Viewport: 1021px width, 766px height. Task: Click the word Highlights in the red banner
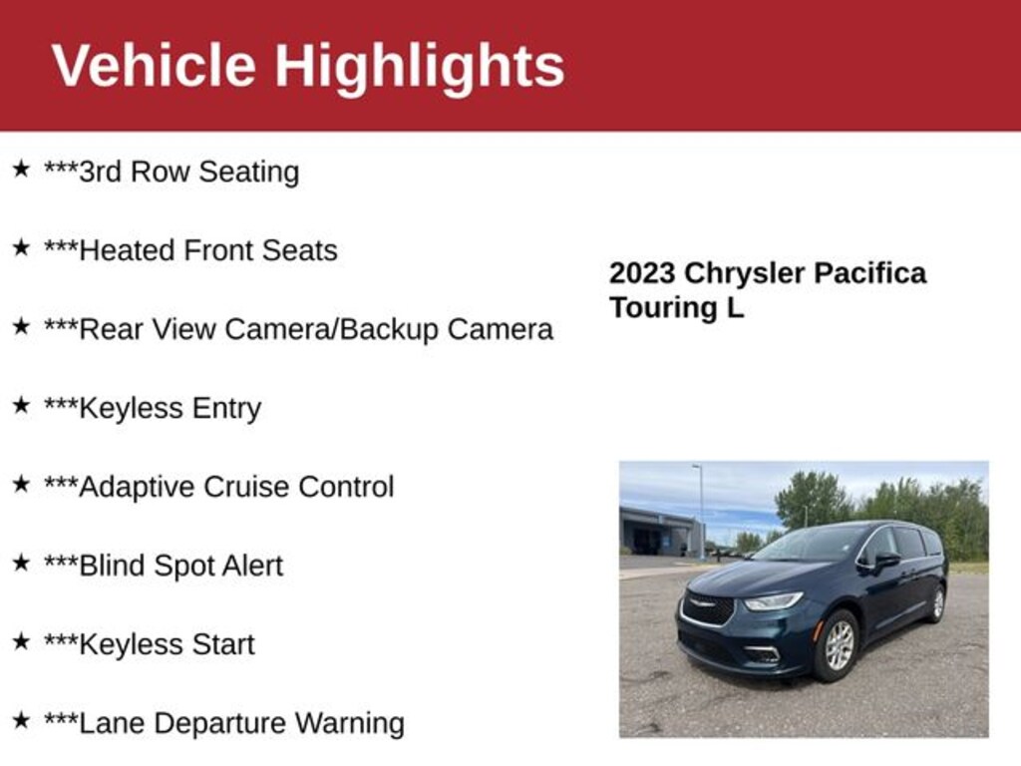[420, 68]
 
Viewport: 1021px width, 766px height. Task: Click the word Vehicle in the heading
[154, 65]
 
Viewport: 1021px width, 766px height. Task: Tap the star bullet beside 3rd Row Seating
[21, 169]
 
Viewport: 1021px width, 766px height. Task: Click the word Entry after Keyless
[226, 409]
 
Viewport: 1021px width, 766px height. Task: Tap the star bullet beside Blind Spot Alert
[21, 563]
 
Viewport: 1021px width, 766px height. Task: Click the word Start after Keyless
[222, 644]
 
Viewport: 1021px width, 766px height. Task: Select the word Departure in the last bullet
[220, 724]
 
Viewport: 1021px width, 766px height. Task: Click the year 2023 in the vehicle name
[642, 273]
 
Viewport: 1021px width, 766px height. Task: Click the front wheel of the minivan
[837, 645]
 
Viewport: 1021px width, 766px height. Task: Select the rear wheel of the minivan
[937, 603]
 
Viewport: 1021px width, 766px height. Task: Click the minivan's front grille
[707, 608]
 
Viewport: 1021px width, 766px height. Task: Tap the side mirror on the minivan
[886, 561]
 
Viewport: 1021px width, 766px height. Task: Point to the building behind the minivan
[662, 532]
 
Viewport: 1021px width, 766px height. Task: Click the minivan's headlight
[773, 600]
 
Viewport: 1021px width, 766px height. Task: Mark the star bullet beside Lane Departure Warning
[21, 720]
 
